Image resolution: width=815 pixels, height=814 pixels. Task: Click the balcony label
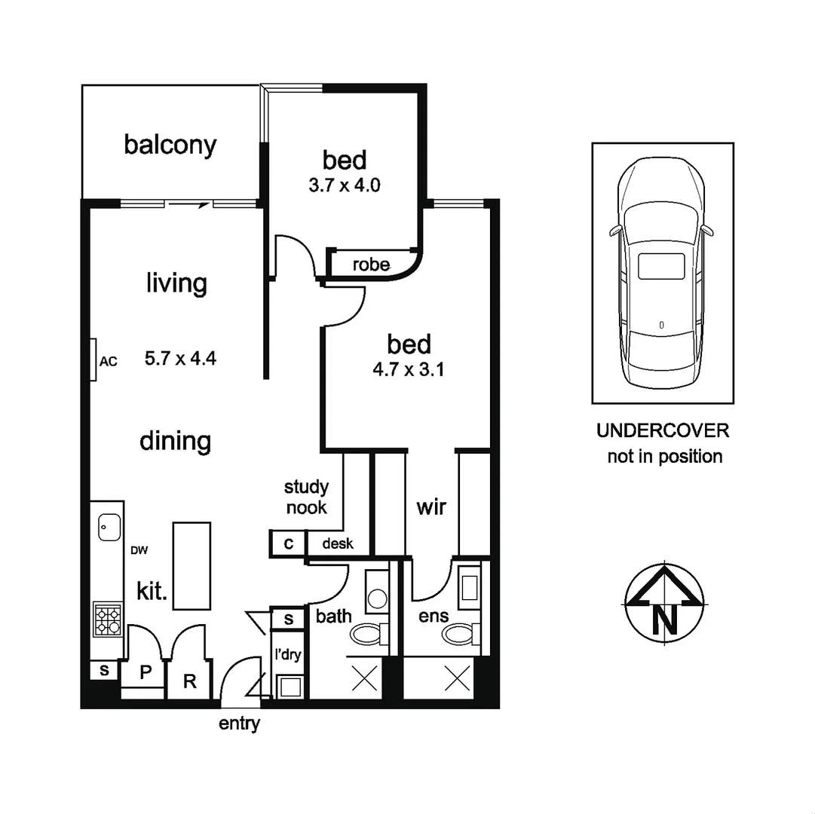pyautogui.click(x=170, y=145)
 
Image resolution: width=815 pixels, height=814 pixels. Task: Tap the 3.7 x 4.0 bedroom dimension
pyautogui.click(x=344, y=185)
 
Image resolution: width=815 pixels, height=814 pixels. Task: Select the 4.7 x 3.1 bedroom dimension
pyautogui.click(x=409, y=370)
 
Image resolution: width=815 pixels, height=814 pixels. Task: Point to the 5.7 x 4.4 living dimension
pyautogui.click(x=180, y=359)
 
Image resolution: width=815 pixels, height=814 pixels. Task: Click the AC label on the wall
pyautogui.click(x=109, y=361)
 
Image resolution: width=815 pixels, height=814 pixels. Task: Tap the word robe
pyautogui.click(x=371, y=265)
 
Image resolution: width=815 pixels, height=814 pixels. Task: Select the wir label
pyautogui.click(x=431, y=506)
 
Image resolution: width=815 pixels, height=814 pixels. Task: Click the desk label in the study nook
pyautogui.click(x=337, y=543)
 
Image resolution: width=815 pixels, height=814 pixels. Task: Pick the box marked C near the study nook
pyautogui.click(x=288, y=543)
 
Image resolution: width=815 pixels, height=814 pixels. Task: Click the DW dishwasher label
pyautogui.click(x=139, y=550)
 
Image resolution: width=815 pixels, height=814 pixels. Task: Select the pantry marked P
pyautogui.click(x=146, y=673)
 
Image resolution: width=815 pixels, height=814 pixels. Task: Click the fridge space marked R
pyautogui.click(x=190, y=681)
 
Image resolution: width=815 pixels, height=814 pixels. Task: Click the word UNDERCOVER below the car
pyautogui.click(x=663, y=430)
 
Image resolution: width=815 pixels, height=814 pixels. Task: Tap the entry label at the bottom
pyautogui.click(x=239, y=724)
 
